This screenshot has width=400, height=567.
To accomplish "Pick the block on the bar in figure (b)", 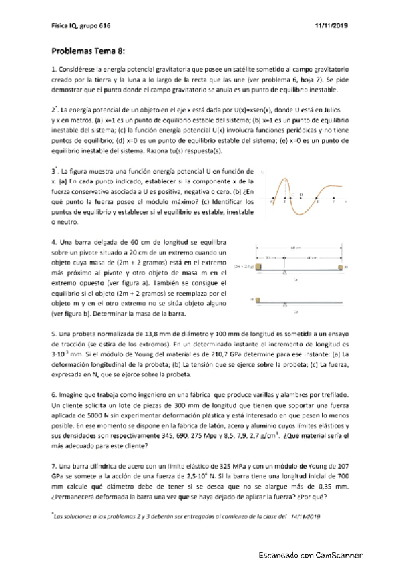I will [x=261, y=300].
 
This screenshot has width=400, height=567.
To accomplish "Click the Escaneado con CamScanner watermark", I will [x=311, y=555].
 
